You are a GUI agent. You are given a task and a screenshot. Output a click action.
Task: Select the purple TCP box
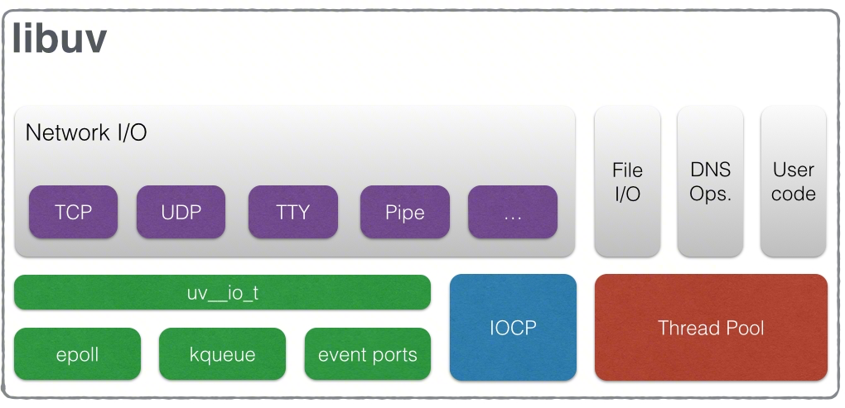(x=73, y=212)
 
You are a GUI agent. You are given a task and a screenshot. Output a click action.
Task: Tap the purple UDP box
(x=181, y=212)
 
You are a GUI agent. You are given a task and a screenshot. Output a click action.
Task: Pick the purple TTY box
(x=292, y=212)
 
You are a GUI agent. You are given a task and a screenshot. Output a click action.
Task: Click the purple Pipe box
(x=404, y=212)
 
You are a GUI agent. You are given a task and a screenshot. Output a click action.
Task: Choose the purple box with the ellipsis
(x=512, y=212)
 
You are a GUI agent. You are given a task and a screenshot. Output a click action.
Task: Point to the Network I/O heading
(x=86, y=132)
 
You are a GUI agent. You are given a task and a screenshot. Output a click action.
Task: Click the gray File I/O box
(x=627, y=181)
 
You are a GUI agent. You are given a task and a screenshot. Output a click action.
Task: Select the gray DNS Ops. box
(x=710, y=181)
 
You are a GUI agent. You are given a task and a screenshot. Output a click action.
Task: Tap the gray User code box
(x=793, y=181)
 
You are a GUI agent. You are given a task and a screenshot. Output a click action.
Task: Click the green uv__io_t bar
(x=222, y=293)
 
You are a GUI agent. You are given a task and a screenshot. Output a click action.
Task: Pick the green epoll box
(x=77, y=355)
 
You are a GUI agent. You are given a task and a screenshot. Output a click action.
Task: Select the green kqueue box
(x=222, y=355)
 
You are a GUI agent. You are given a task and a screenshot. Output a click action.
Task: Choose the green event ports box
(x=367, y=355)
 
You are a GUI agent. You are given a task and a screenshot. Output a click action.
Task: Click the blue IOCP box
(x=512, y=328)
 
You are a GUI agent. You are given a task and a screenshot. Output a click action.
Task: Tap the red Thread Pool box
(x=711, y=328)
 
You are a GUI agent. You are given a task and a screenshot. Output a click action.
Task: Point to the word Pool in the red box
(x=743, y=328)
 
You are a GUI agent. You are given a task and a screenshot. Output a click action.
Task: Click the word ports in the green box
(x=394, y=356)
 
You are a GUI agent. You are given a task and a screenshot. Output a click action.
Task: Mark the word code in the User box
(x=793, y=194)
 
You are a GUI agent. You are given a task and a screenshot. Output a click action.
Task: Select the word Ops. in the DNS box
(x=710, y=194)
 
